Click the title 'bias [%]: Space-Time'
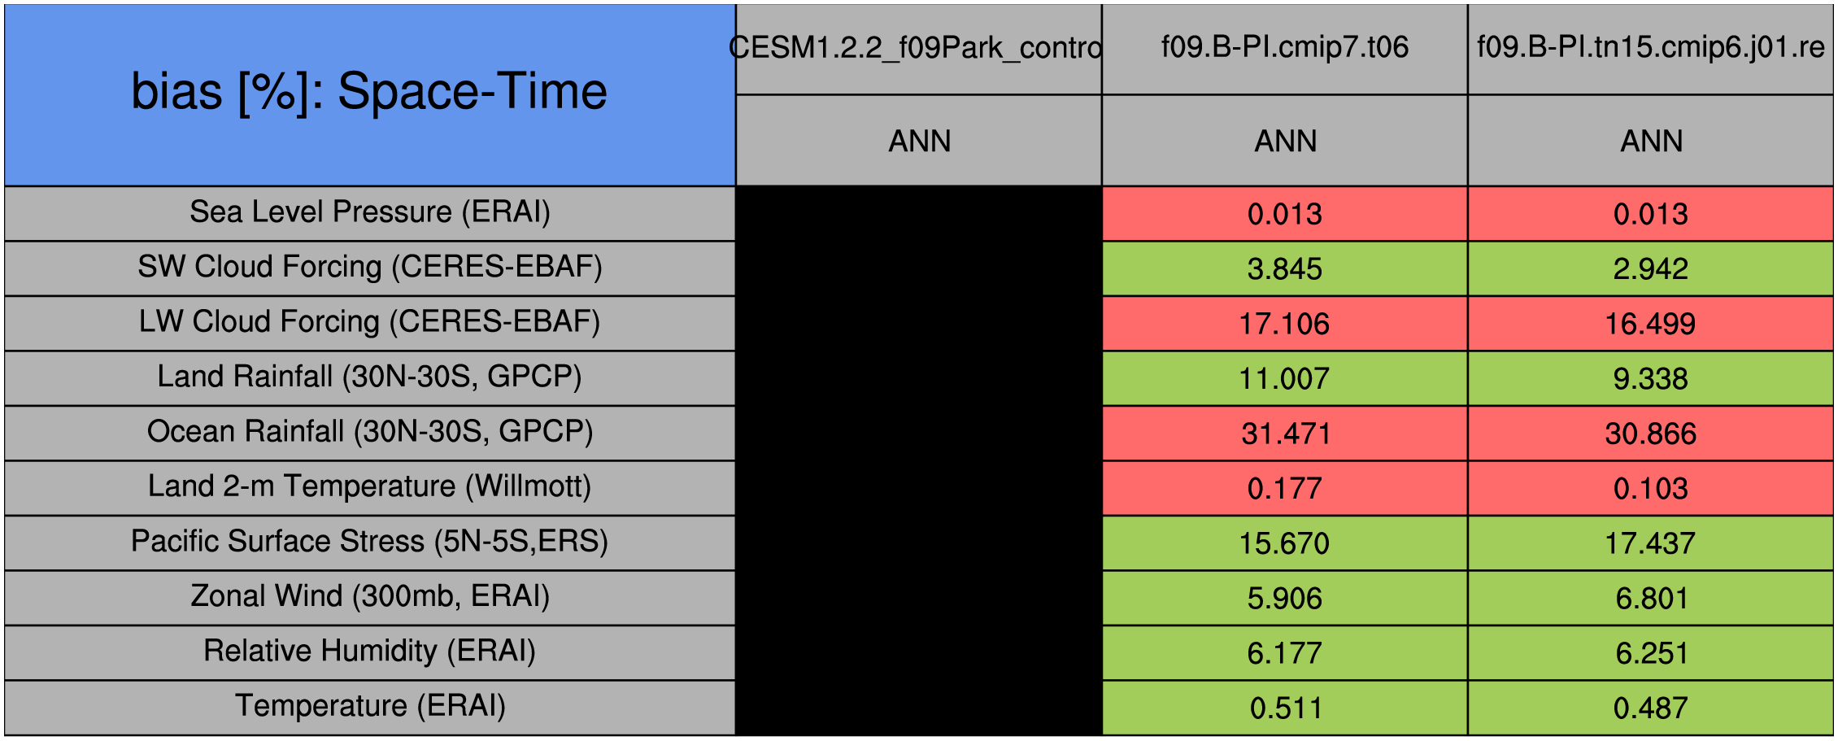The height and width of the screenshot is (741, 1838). [369, 91]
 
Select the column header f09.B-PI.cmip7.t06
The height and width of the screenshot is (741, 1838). [1285, 47]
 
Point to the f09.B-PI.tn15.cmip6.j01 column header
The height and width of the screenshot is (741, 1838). [1651, 47]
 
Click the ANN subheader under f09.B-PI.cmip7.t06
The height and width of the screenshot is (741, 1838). [1285, 142]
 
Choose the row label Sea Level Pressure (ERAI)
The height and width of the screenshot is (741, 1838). [370, 212]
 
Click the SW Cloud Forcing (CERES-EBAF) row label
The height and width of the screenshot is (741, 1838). [370, 267]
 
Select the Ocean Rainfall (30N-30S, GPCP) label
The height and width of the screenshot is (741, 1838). [370, 432]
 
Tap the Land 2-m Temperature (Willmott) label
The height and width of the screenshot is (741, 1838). [370, 486]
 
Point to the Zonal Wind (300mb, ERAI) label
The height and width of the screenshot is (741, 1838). [370, 596]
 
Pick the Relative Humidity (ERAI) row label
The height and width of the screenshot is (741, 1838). [370, 651]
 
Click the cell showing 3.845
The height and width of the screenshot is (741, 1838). [1285, 268]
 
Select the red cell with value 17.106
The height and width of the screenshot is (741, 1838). [1285, 324]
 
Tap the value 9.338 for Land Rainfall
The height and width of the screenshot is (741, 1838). [1651, 379]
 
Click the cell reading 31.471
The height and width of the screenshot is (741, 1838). [1285, 434]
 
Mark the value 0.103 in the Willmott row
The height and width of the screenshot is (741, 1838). [1651, 489]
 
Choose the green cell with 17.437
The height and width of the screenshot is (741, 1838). [1651, 543]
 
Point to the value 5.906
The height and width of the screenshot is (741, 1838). [1285, 599]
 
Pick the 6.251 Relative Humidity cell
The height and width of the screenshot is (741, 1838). [1651, 653]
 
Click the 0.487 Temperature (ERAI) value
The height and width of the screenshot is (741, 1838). [1651, 708]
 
